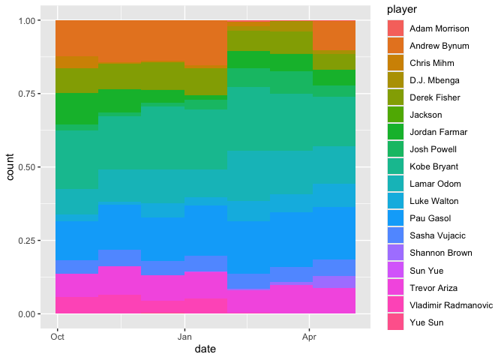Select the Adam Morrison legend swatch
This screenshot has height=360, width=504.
[395, 28]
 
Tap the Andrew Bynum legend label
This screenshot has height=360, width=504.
[439, 46]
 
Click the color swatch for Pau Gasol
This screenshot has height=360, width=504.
[395, 218]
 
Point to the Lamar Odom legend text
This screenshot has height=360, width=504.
[435, 184]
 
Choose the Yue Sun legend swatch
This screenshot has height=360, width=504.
[395, 322]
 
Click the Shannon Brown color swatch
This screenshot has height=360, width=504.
[395, 253]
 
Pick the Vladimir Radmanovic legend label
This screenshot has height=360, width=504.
[450, 304]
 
